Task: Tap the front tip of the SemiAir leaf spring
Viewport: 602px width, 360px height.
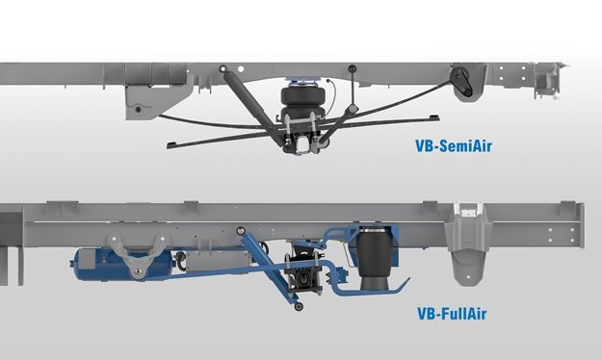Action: pyautogui.click(x=172, y=141)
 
